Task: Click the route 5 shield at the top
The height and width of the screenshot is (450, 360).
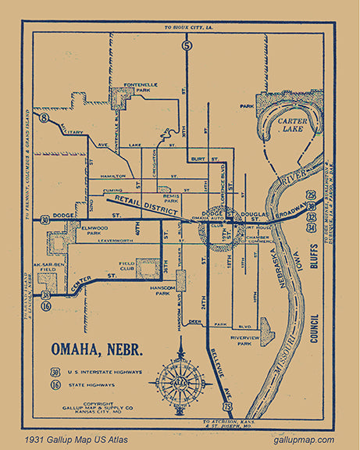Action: pos(186,46)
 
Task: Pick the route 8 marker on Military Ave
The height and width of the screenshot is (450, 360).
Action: pos(44,119)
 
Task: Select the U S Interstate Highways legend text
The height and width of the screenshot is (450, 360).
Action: pos(100,372)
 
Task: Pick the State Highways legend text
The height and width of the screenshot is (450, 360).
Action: pos(87,386)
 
